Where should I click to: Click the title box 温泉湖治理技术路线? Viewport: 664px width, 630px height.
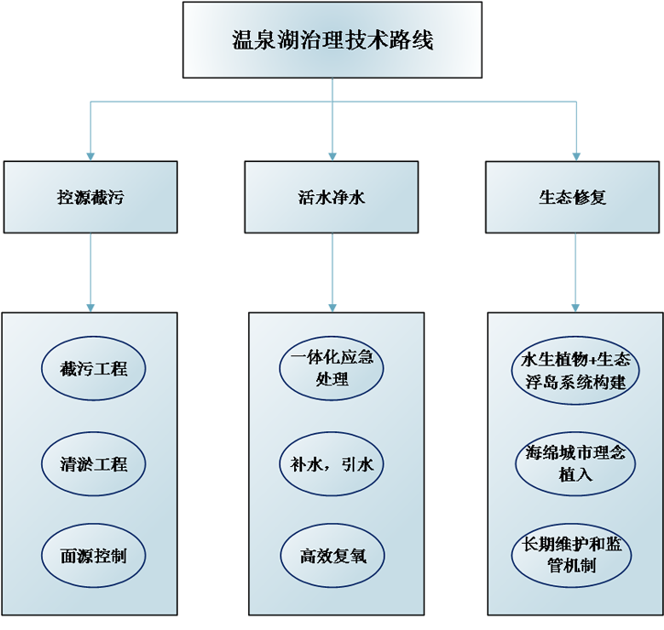click(x=332, y=40)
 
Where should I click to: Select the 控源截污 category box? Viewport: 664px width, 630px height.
click(x=91, y=197)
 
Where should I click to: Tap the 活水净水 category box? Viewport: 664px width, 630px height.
click(x=332, y=197)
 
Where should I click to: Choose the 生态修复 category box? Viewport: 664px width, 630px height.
click(x=572, y=197)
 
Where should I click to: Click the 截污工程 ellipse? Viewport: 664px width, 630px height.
click(x=93, y=369)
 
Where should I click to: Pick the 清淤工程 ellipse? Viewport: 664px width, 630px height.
click(x=93, y=463)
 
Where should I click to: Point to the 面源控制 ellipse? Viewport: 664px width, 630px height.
click(x=93, y=556)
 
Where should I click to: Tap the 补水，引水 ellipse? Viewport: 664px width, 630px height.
click(x=332, y=464)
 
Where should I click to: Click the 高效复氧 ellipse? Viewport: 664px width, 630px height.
click(x=332, y=556)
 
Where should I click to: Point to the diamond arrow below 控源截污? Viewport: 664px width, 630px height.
click(x=90, y=271)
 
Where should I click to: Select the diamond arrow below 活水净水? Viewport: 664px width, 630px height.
click(x=332, y=271)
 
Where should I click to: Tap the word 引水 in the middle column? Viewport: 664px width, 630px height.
click(x=356, y=464)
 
